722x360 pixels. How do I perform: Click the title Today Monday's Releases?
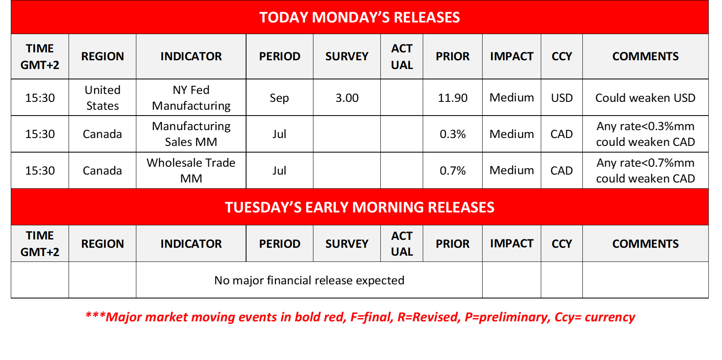(x=360, y=17)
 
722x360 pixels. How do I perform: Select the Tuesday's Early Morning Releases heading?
(x=360, y=207)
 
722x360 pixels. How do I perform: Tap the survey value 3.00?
(x=347, y=98)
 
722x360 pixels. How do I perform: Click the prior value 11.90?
(x=453, y=98)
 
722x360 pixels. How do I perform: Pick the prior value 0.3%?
(x=453, y=134)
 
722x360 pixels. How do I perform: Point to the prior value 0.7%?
(x=453, y=170)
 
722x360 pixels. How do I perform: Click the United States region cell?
(x=103, y=98)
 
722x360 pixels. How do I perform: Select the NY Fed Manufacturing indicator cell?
(x=191, y=98)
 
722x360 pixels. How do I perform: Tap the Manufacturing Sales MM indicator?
(x=191, y=134)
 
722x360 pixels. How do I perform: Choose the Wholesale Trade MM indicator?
(x=191, y=170)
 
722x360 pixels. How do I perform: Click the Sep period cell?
(x=279, y=98)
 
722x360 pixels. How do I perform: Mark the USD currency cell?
(x=562, y=98)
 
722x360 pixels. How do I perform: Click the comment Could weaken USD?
(x=646, y=98)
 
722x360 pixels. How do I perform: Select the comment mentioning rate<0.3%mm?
(x=646, y=134)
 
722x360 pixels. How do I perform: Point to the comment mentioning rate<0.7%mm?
(x=646, y=170)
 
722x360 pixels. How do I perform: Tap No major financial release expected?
(x=309, y=280)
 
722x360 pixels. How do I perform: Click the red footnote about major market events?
(x=360, y=317)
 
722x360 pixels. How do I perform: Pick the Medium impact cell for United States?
(x=512, y=98)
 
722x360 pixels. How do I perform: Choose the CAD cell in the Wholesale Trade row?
(x=562, y=170)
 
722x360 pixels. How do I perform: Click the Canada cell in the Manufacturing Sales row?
(x=102, y=134)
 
